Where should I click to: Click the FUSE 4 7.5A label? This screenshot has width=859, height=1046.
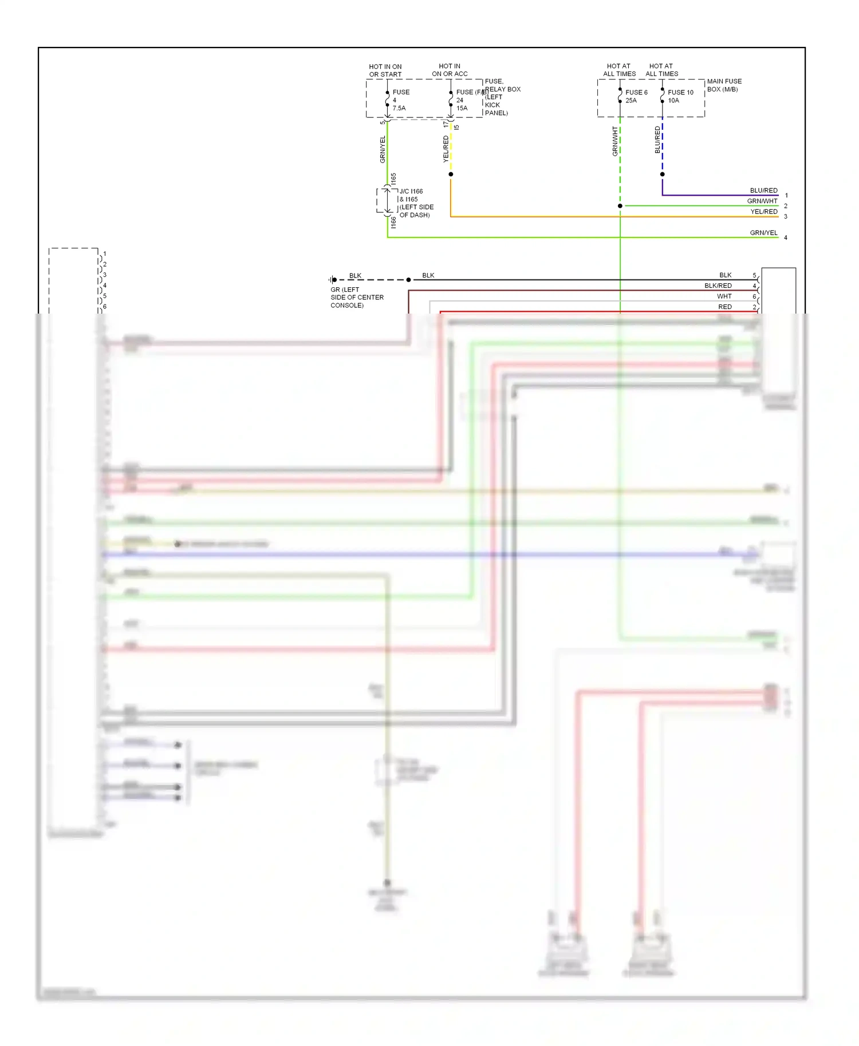point(400,100)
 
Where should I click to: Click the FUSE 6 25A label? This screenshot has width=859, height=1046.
point(636,96)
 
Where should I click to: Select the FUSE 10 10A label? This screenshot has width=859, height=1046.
point(680,96)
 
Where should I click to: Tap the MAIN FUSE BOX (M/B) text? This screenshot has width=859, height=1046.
point(724,85)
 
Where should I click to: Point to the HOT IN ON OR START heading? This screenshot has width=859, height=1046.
point(385,70)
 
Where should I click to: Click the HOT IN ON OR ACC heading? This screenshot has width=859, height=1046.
point(450,70)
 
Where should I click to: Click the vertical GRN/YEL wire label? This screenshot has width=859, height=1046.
point(383,149)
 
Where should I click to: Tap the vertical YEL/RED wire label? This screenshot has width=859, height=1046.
point(446,149)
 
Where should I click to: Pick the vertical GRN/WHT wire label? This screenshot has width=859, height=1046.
point(615,141)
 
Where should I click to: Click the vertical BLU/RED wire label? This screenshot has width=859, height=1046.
point(657,140)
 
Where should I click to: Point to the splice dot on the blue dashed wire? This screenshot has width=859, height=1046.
point(663,174)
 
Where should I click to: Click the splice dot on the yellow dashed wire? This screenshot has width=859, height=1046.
point(451,174)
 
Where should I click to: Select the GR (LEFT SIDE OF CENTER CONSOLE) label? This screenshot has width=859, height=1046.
point(356,298)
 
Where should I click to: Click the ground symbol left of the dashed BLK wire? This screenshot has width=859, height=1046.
point(332,280)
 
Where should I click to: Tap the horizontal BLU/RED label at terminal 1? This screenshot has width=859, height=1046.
point(763,191)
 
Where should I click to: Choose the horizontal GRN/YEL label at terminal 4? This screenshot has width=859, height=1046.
point(763,233)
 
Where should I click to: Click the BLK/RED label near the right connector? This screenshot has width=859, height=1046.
point(718,286)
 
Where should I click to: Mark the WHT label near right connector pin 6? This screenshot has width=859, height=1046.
point(724,296)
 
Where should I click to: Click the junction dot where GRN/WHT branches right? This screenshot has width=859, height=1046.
point(620,206)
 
